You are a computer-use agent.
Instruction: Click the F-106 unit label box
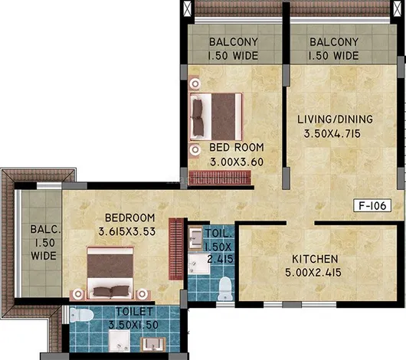372,205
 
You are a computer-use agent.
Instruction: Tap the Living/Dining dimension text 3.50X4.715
332,134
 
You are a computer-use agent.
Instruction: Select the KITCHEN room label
315,259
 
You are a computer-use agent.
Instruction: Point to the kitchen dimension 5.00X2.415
313,273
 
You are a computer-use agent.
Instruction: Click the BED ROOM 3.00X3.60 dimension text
237,162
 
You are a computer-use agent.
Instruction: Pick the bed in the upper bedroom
216,116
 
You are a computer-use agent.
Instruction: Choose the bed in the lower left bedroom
110,273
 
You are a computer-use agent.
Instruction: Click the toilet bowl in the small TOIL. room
224,289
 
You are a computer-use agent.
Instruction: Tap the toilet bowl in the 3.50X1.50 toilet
81,316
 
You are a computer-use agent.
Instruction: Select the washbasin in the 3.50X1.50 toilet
152,344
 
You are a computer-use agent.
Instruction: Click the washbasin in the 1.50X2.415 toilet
195,237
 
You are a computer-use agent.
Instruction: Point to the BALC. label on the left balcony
45,230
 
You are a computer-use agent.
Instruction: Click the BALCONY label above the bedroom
234,42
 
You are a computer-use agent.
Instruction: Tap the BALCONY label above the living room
334,42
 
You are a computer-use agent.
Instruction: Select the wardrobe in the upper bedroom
220,178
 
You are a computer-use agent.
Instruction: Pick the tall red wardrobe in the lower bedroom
176,249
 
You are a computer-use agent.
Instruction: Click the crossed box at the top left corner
188,8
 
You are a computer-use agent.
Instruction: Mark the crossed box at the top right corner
397,8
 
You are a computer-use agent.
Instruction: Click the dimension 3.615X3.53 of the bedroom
127,231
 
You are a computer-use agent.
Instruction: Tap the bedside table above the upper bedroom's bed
195,83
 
